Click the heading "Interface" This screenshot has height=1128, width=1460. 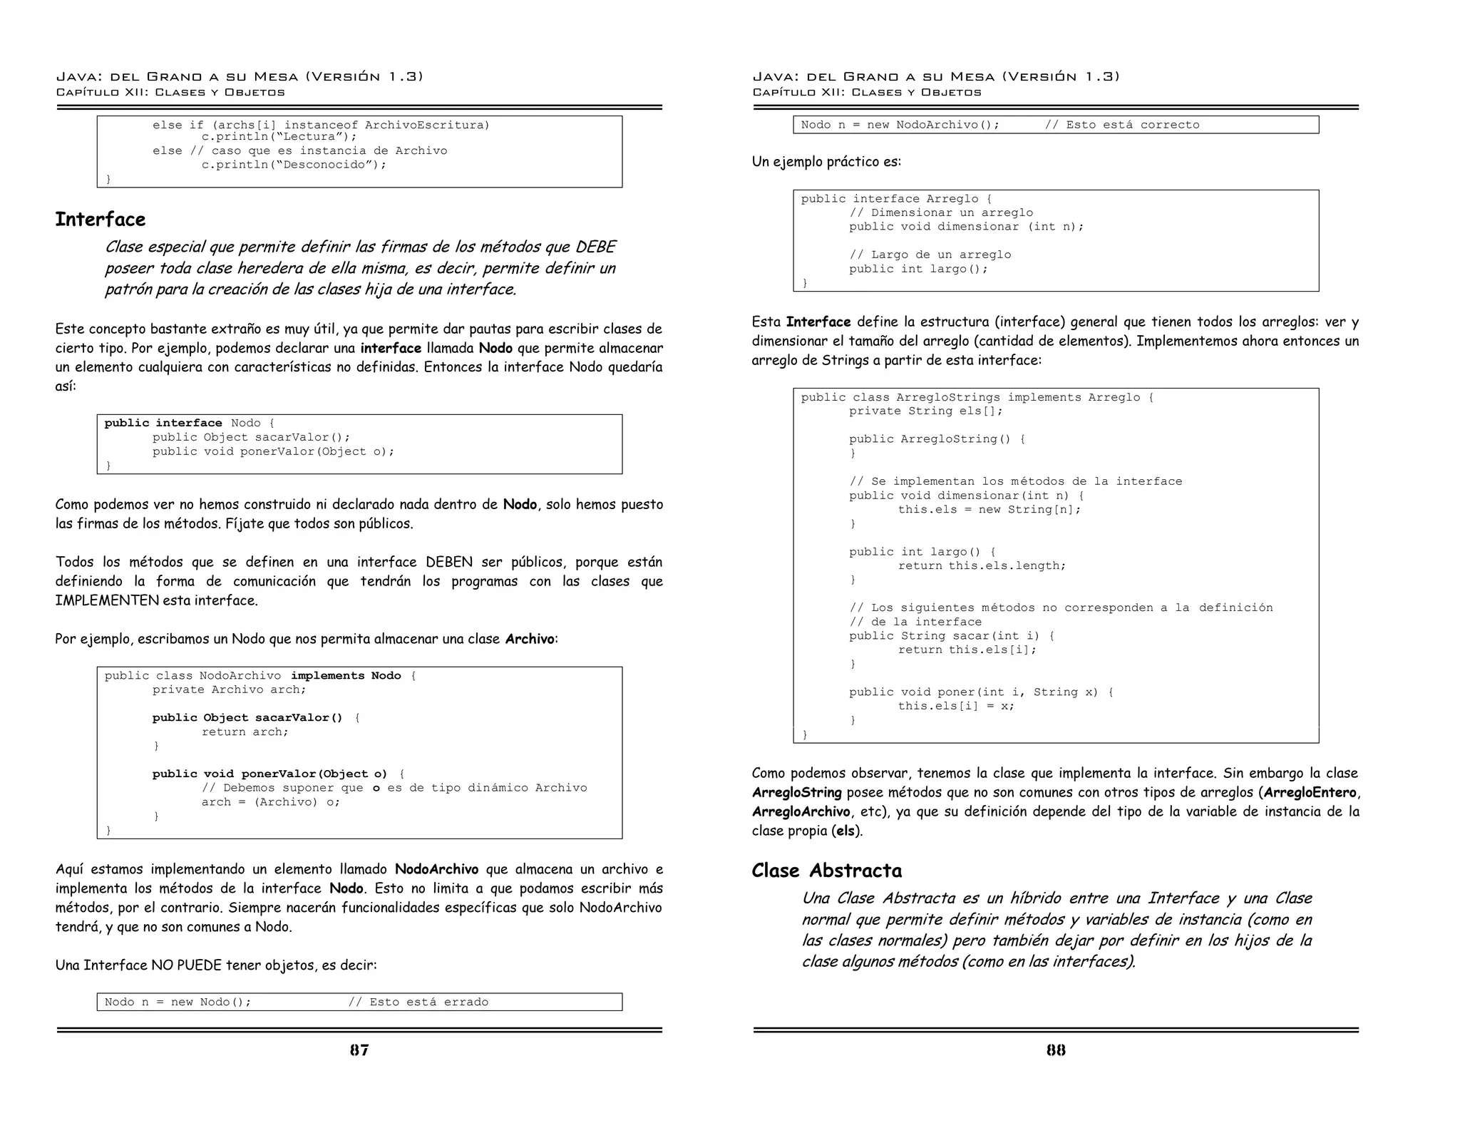pyautogui.click(x=101, y=219)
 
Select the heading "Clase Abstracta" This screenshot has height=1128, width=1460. pyautogui.click(x=826, y=871)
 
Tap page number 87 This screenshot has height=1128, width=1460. pyautogui.click(x=359, y=1050)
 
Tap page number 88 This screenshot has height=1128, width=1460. pyautogui.click(x=1056, y=1050)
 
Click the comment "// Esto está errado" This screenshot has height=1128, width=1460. pyautogui.click(x=418, y=1002)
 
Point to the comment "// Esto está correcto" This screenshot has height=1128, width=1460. pyautogui.click(x=1121, y=125)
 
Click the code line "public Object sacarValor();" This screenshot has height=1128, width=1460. pyautogui.click(x=251, y=437)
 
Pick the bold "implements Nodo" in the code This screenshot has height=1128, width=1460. pyautogui.click(x=346, y=675)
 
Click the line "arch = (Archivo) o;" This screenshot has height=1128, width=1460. pyautogui.click(x=270, y=801)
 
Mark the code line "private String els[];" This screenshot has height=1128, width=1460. pyautogui.click(x=925, y=411)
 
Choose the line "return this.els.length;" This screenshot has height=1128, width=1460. pyautogui.click(x=982, y=565)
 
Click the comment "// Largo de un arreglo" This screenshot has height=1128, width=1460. pyautogui.click(x=929, y=255)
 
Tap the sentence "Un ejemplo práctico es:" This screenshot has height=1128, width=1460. pyautogui.click(x=826, y=162)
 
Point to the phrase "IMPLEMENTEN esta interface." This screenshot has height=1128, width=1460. pyautogui.click(x=156, y=600)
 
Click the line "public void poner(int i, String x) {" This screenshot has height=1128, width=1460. pyautogui.click(x=981, y=692)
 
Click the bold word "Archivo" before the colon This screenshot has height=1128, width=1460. pyautogui.click(x=529, y=639)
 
